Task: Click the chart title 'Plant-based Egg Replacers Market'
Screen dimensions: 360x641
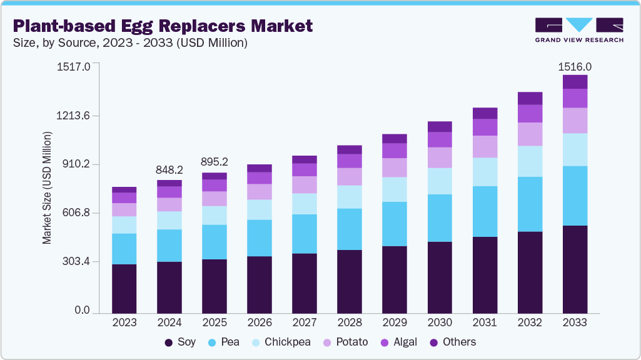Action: (x=163, y=26)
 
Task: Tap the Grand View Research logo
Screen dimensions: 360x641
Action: (x=579, y=29)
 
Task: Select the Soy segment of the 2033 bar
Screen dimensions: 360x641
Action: (x=575, y=269)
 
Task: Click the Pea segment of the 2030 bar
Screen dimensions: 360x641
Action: (x=440, y=217)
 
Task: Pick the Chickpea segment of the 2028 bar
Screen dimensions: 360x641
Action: (x=350, y=197)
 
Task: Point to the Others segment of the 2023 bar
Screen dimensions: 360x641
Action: (x=124, y=189)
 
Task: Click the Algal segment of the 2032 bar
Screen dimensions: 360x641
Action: (x=530, y=113)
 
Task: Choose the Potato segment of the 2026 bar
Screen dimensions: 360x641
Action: (x=260, y=192)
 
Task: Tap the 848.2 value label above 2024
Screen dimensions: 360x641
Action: (x=169, y=170)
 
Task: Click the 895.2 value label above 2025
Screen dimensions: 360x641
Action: (x=215, y=162)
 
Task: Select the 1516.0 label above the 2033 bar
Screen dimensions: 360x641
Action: (x=575, y=66)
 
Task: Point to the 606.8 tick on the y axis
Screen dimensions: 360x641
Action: (x=74, y=213)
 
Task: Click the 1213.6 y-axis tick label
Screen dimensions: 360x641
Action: (x=72, y=116)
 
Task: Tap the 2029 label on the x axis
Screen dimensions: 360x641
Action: (x=395, y=322)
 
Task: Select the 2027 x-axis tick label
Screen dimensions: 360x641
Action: (x=305, y=322)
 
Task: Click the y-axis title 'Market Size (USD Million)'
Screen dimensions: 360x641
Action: (x=47, y=187)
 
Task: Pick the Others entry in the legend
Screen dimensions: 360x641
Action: (x=453, y=342)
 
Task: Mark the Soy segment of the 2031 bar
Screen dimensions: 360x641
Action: (x=485, y=275)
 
